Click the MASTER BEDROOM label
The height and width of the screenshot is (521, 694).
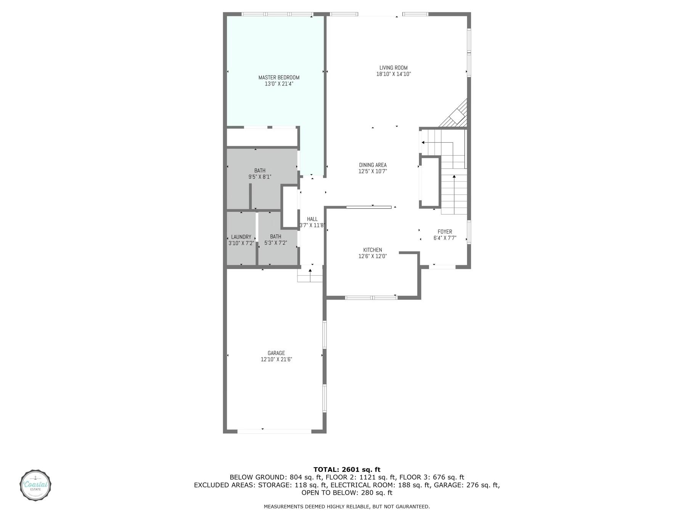tap(279, 77)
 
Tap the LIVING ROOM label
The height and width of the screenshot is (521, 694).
tap(393, 68)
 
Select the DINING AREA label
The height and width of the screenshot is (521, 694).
tap(373, 165)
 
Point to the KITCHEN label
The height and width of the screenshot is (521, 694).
tap(373, 250)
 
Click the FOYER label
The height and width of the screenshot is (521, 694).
tap(445, 232)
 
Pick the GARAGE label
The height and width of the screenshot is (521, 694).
tap(276, 353)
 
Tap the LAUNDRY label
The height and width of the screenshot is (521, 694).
tap(241, 237)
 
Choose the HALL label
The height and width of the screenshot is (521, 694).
tap(312, 219)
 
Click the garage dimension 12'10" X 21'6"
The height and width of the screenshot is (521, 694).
tap(276, 360)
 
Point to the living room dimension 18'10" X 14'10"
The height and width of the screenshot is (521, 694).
tap(393, 74)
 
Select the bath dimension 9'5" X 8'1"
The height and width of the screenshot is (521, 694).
tap(260, 177)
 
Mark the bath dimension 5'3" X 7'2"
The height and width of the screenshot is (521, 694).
tap(275, 243)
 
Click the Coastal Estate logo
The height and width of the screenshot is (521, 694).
tap(35, 485)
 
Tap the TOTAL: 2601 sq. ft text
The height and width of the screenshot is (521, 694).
tap(347, 470)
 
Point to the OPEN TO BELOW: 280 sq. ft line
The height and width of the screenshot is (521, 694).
tap(347, 493)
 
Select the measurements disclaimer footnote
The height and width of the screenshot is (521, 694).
tap(347, 507)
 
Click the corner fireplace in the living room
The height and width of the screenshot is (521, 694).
tap(456, 115)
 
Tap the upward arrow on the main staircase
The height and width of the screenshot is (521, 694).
tap(454, 177)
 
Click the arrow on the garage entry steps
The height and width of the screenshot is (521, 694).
tap(310, 271)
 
